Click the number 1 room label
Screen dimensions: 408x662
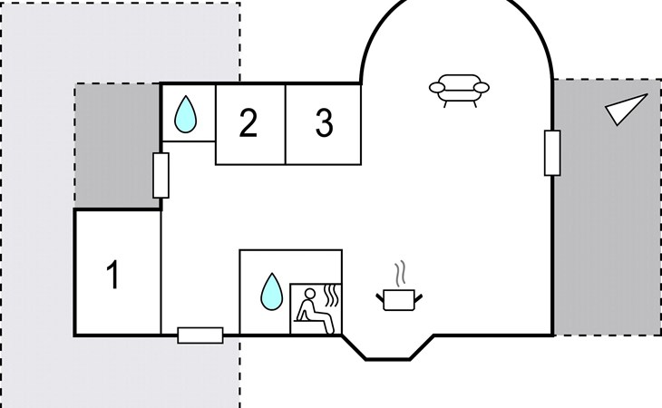click(x=113, y=275)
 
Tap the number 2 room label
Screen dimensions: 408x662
click(x=248, y=123)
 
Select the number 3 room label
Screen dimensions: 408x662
click(x=324, y=123)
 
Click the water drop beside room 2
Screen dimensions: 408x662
click(x=187, y=115)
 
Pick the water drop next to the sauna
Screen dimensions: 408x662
click(x=271, y=291)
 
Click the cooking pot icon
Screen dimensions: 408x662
click(x=396, y=298)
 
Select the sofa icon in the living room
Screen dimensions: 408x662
click(x=459, y=89)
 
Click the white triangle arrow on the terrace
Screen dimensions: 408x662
click(x=627, y=109)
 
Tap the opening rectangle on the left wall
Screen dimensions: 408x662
click(x=161, y=175)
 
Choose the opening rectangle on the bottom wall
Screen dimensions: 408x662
click(x=200, y=335)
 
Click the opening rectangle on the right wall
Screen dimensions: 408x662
click(x=551, y=152)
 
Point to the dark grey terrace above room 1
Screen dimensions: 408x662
click(x=116, y=145)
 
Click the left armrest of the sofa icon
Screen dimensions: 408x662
click(x=435, y=87)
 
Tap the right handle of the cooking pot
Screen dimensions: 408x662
click(x=417, y=295)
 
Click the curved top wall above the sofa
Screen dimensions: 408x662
click(x=458, y=5)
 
